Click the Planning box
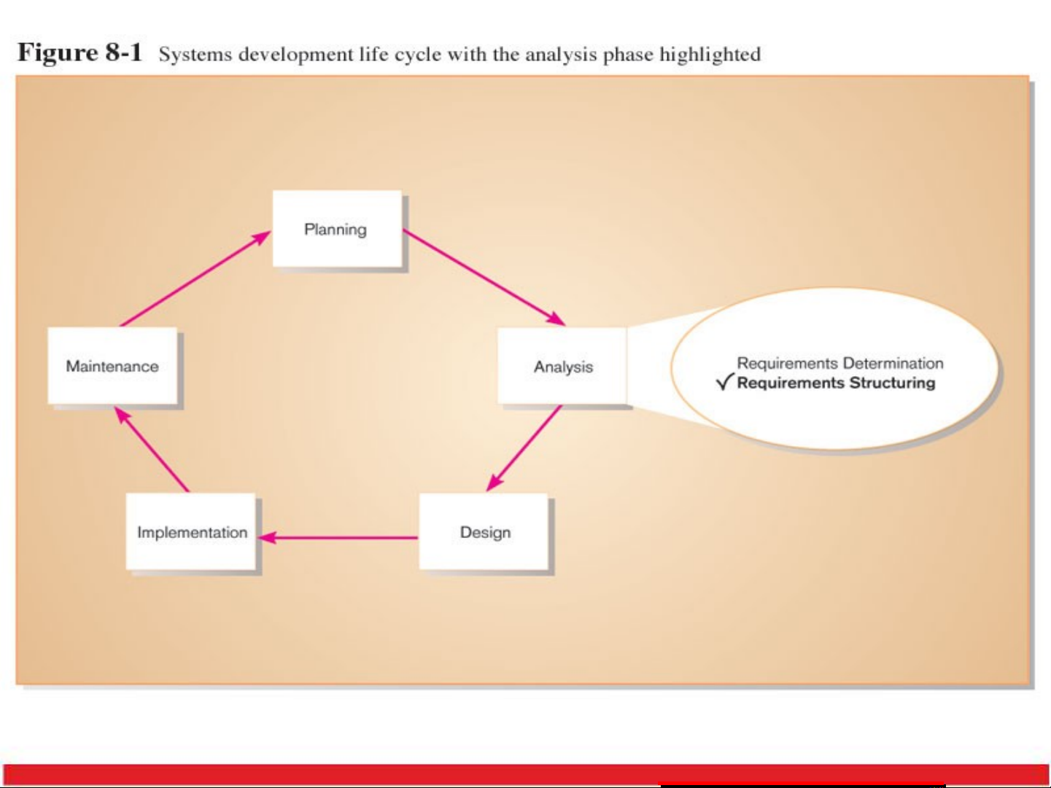point(336,229)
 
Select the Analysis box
point(562,366)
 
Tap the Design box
point(484,532)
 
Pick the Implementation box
point(191,532)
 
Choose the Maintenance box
point(112,366)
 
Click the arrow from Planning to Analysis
point(484,277)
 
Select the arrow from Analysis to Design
point(524,448)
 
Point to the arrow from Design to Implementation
point(339,538)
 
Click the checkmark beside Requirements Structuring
point(724,381)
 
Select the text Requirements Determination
point(839,363)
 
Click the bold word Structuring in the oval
point(892,383)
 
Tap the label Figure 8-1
point(79,52)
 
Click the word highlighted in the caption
point(710,55)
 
